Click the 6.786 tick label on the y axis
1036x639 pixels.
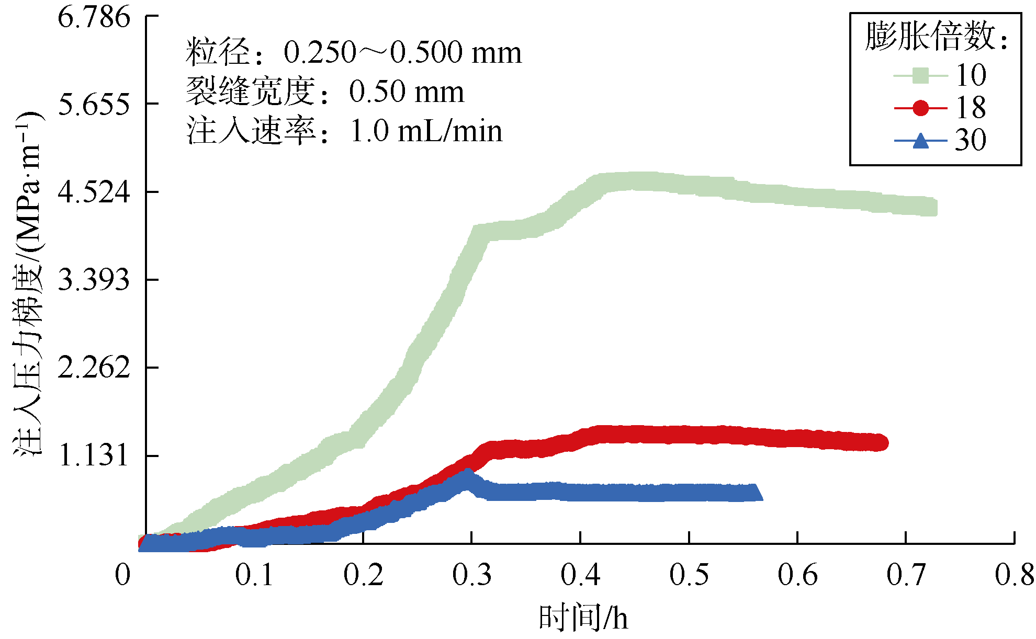[x=94, y=18]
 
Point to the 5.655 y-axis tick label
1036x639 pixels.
[x=94, y=105]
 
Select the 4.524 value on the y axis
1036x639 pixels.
[x=94, y=192]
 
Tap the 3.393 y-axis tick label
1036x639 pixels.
[x=94, y=280]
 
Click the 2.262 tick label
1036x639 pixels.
[x=94, y=368]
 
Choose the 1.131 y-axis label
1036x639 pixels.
[x=94, y=456]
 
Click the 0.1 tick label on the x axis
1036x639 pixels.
[x=254, y=575]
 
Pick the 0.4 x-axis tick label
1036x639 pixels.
[x=580, y=575]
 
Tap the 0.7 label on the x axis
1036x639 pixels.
[x=906, y=575]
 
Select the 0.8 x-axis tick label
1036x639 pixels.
[x=1014, y=575]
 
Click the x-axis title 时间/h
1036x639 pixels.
[x=583, y=618]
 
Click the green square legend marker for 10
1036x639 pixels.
[x=920, y=75]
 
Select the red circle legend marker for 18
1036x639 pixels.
[x=920, y=108]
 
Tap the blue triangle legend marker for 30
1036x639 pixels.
[x=920, y=141]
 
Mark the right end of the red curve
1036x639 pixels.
[x=881, y=442]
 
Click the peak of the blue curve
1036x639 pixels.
[x=467, y=474]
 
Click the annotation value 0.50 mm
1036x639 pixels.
[x=407, y=92]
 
